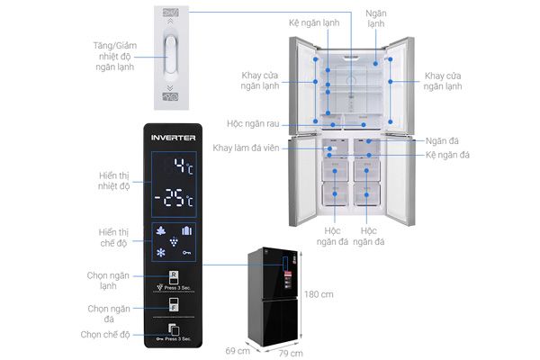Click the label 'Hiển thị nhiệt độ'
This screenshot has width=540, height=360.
tap(113, 180)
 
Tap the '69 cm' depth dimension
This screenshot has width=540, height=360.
tap(238, 348)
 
